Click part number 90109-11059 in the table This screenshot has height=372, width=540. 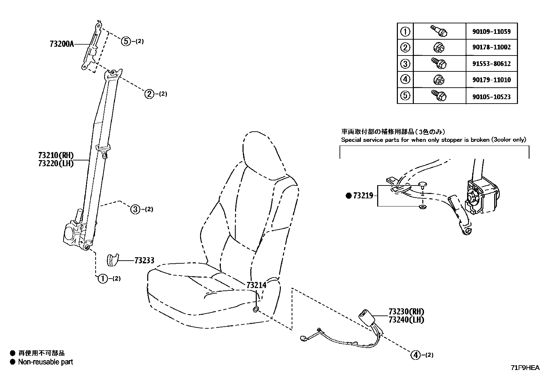pos(491,32)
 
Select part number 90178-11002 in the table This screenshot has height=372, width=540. pos(491,47)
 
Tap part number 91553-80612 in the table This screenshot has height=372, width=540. pos(491,64)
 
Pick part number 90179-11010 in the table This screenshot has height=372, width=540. pos(491,80)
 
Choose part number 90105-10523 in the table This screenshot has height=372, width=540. pos(491,97)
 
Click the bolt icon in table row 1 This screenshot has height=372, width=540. pos(439,31)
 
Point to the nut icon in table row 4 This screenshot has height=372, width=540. pos(439,80)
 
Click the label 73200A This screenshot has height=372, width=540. pos(61,44)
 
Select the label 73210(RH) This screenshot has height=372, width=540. pos(56,155)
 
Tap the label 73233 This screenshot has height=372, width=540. pos(144,260)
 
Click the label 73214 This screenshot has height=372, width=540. pos(256,285)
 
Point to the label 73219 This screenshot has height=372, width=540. pos(363,196)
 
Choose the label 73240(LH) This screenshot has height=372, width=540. pos(406,320)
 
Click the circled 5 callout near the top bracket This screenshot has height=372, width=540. pos(126,41)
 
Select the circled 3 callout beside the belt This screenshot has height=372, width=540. pos(135,209)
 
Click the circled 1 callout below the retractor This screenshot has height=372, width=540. pos(102,279)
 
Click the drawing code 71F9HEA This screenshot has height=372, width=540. pos(525,368)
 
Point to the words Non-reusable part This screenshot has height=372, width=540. pos(45,362)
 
